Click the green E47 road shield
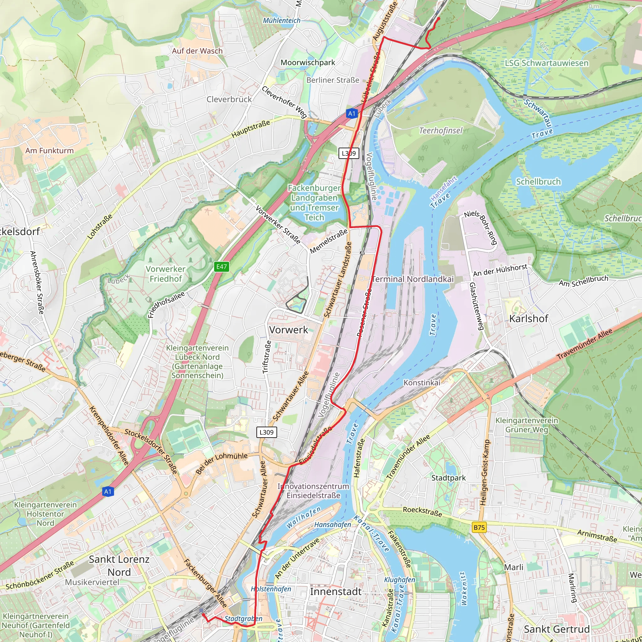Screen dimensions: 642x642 pyautogui.click(x=221, y=266)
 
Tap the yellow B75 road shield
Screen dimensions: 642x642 pyautogui.click(x=479, y=527)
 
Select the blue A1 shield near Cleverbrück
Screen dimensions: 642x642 pyautogui.click(x=352, y=114)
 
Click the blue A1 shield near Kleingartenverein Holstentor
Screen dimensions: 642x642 pyautogui.click(x=108, y=492)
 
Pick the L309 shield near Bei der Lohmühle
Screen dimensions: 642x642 pyautogui.click(x=266, y=432)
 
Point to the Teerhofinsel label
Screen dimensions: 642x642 pyautogui.click(x=441, y=131)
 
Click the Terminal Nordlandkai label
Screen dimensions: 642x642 pyautogui.click(x=413, y=279)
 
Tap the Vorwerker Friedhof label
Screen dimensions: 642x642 pyautogui.click(x=166, y=274)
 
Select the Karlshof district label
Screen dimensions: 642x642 pyautogui.click(x=529, y=319)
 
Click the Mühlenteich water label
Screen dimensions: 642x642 pyautogui.click(x=282, y=21)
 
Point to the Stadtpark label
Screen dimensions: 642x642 pyautogui.click(x=448, y=478)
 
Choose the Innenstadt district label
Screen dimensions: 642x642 pyautogui.click(x=336, y=592)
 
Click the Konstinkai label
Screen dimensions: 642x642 pyautogui.click(x=422, y=383)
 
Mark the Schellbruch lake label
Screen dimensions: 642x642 pyautogui.click(x=538, y=182)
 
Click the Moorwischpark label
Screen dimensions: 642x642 pyautogui.click(x=308, y=62)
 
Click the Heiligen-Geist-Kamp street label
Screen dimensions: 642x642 pyautogui.click(x=486, y=472)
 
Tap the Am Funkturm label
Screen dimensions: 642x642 pyautogui.click(x=50, y=150)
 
